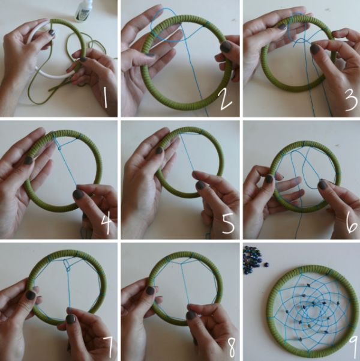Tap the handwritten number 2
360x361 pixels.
tap(225, 100)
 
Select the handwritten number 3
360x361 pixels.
tap(351, 100)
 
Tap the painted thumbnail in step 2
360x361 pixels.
tap(226, 47)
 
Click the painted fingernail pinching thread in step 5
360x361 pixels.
tap(201, 185)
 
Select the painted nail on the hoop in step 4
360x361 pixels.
tap(29, 160)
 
